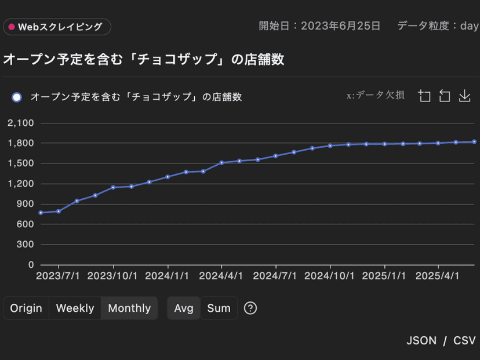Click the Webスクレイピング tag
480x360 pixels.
pos(56,27)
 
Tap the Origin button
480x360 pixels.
pos(26,308)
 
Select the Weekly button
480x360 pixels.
pos(75,308)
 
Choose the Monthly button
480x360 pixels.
pos(129,308)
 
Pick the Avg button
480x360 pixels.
pos(184,308)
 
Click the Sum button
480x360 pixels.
pos(219,308)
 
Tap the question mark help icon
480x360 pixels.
pos(250,308)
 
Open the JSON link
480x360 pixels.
pos(421,340)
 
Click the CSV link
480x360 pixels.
pos(464,340)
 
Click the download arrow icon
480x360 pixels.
pos(464,96)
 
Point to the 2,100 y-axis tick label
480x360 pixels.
pos(21,123)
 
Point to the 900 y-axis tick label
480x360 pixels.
pos(26,204)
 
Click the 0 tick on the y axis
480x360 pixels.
pos(31,265)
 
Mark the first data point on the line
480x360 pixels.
pos(41,213)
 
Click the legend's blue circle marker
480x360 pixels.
pos(17,97)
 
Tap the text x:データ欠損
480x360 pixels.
pos(376,96)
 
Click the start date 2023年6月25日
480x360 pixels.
pos(340,26)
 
